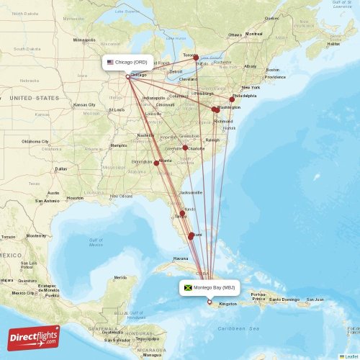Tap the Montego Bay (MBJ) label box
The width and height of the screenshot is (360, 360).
[210, 288]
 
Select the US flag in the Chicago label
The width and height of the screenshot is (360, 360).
[110, 62]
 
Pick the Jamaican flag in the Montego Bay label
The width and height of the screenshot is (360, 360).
[189, 288]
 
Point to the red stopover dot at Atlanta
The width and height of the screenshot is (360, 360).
[156, 163]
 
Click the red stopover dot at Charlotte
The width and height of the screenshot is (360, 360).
[185, 148]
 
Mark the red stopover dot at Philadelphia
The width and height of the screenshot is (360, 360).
[232, 99]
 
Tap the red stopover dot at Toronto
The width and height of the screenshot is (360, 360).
[194, 56]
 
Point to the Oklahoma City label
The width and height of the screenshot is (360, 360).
[35, 142]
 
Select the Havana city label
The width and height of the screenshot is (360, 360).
[180, 258]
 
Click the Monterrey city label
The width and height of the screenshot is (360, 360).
[35, 235]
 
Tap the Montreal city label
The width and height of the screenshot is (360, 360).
[254, 34]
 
